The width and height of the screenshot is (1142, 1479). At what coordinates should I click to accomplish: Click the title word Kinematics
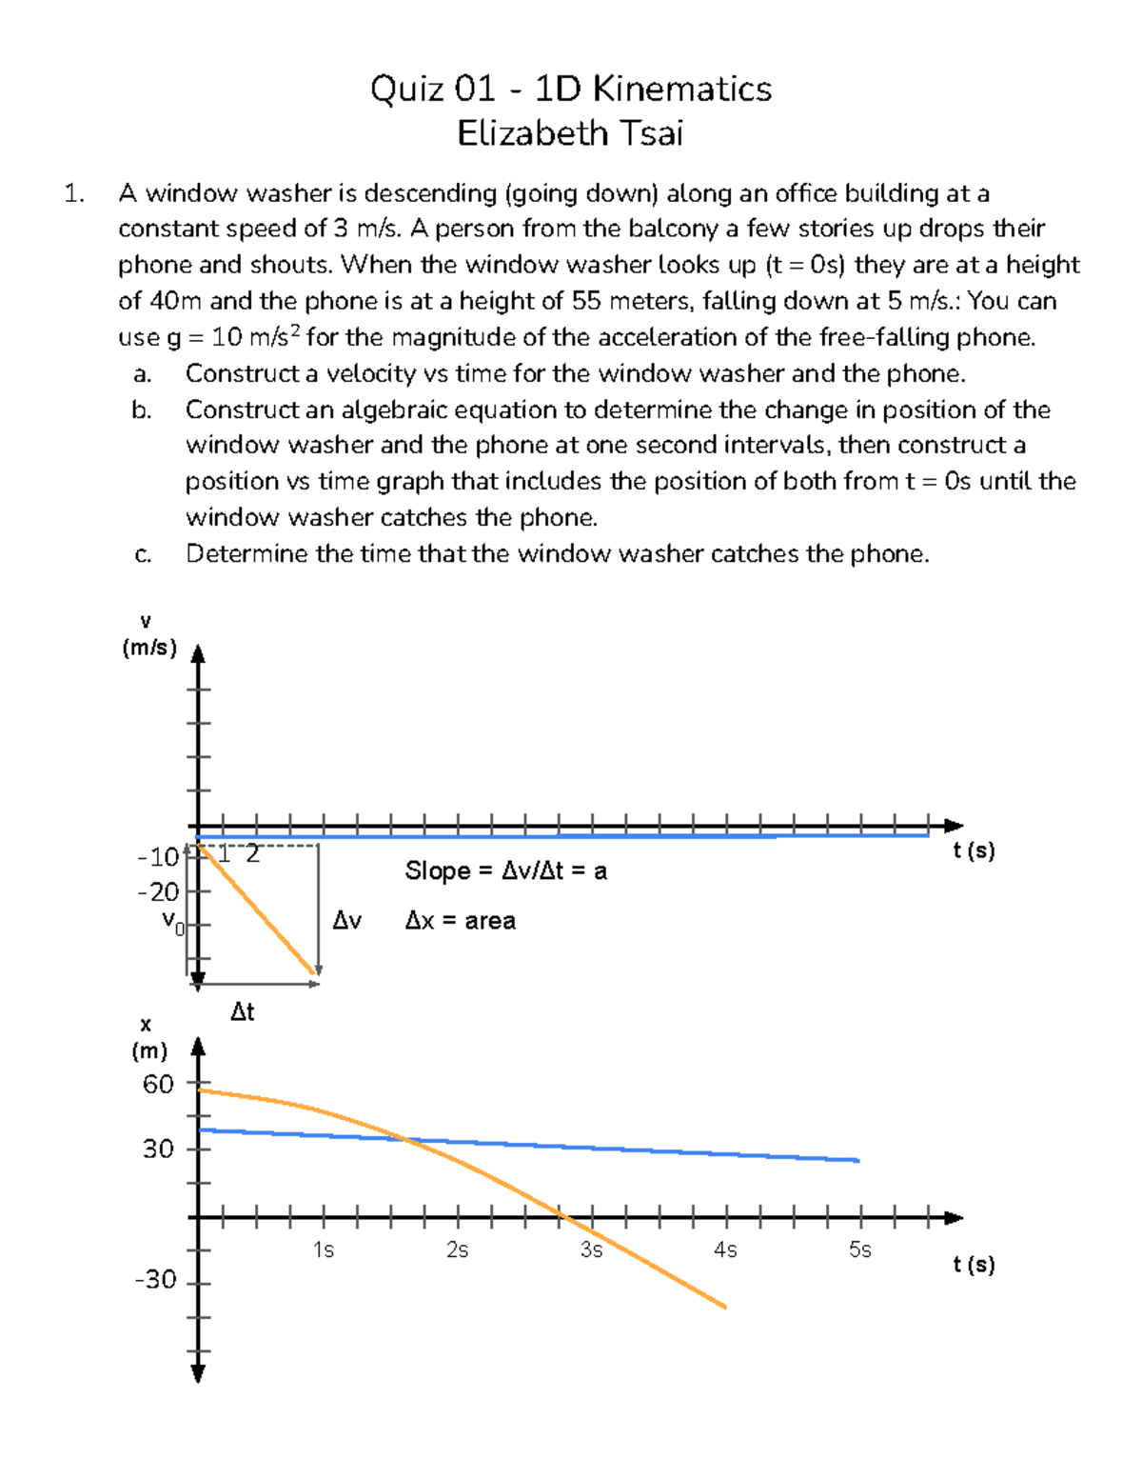click(681, 89)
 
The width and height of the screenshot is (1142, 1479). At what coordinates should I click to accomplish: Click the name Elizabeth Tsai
click(570, 133)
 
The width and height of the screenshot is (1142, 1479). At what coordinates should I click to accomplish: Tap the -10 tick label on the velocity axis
click(158, 857)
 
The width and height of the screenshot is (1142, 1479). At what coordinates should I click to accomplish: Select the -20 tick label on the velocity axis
click(158, 892)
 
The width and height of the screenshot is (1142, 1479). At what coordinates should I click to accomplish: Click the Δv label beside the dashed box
click(346, 921)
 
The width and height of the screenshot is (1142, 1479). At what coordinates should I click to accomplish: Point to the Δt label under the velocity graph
click(243, 1011)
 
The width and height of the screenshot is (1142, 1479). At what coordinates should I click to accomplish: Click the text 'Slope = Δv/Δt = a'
click(505, 870)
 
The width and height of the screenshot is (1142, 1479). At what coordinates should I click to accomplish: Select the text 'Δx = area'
click(460, 921)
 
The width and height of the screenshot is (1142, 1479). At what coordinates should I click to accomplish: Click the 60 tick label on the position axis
click(158, 1084)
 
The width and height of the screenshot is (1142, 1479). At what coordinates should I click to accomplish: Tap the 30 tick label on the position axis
click(158, 1149)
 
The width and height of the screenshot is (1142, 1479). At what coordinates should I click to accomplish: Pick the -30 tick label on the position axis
click(155, 1279)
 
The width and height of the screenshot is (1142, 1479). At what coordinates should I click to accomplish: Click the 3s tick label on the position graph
click(591, 1249)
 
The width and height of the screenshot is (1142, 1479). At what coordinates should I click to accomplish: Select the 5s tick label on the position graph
click(859, 1249)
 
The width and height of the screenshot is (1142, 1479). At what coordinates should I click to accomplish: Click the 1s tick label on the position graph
click(324, 1249)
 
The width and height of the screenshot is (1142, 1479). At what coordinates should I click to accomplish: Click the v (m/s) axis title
click(148, 635)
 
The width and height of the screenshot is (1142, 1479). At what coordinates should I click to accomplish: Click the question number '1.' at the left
click(73, 193)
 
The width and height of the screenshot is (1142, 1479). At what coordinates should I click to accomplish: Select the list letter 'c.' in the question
click(143, 554)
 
